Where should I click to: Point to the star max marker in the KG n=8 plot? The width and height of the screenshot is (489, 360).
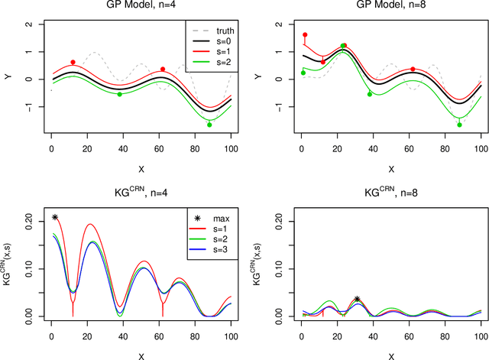click(357, 300)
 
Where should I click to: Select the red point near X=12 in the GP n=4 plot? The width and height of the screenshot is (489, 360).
click(73, 62)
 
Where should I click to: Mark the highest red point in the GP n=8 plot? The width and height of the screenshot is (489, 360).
click(305, 35)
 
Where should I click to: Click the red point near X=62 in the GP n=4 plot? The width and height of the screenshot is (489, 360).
click(162, 70)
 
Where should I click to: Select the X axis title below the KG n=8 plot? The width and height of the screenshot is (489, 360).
click(390, 355)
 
